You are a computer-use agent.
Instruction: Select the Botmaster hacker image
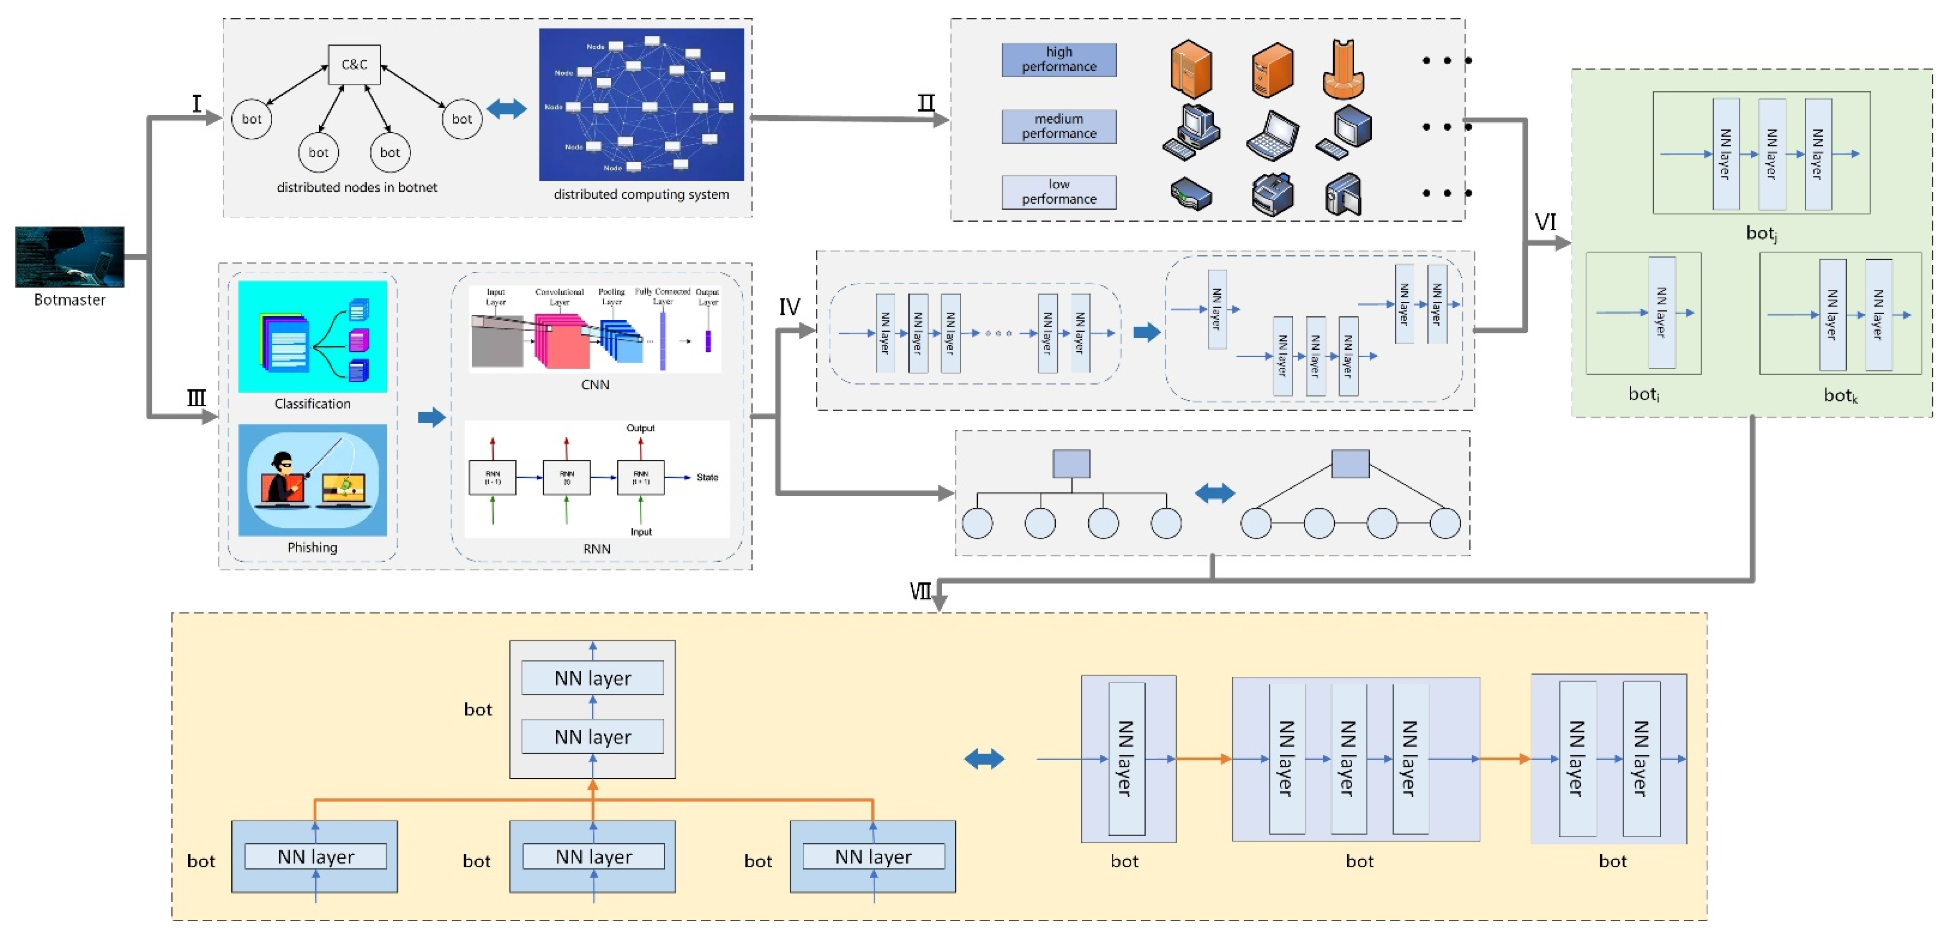click(x=70, y=256)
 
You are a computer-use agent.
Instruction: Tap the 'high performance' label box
click(x=1058, y=59)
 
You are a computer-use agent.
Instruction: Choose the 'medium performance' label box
click(x=1058, y=126)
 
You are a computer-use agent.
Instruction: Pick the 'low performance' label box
click(x=1058, y=192)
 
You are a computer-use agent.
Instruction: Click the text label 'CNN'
click(x=595, y=384)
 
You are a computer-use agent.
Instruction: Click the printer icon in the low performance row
click(x=1272, y=194)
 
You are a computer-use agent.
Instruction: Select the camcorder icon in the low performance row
click(x=1343, y=194)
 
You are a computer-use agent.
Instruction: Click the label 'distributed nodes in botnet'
click(x=357, y=187)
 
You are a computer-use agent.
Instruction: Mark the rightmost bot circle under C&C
click(x=462, y=119)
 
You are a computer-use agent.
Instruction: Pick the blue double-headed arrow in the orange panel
click(x=984, y=759)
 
